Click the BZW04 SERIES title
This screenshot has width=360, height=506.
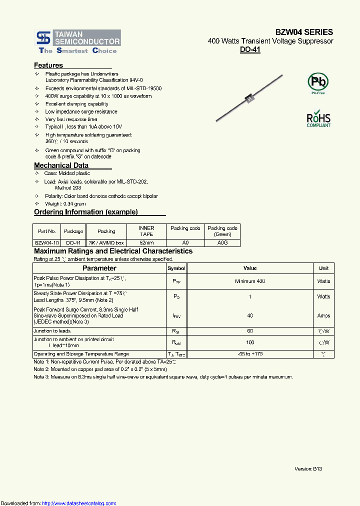pos(303,32)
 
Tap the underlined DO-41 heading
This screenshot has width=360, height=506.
pos(250,49)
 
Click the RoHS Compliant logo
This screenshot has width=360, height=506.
pos(318,119)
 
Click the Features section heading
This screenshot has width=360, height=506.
pos(48,65)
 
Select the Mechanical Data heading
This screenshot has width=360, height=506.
pos(61,165)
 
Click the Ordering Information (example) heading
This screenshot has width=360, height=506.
pos(85,212)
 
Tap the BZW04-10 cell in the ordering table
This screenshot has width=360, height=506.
pos(46,242)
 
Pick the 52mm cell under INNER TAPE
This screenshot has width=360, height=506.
pos(146,242)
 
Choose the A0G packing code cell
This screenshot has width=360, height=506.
pos(222,242)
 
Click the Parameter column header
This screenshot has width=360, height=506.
pos(99,268)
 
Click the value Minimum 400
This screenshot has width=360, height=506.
pos(250,281)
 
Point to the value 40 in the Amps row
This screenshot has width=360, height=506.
pos(250,315)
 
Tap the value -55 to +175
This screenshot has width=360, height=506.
pos(250,354)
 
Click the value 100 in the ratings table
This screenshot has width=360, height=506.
pos(250,342)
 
